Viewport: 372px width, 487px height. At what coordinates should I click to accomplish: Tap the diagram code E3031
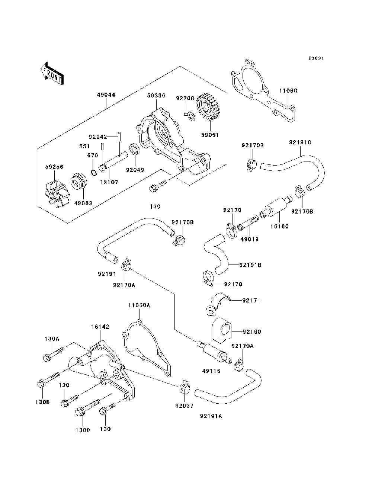tap(316, 58)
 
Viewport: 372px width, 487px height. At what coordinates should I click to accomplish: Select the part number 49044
tap(106, 95)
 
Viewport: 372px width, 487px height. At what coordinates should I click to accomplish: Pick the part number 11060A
tap(139, 305)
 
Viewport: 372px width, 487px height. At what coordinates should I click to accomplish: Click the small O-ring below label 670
tap(94, 172)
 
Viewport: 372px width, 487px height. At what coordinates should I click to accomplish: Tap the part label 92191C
tap(300, 142)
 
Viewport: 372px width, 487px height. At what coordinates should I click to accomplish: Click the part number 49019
tap(250, 239)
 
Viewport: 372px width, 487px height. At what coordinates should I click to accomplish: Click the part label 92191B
tap(250, 265)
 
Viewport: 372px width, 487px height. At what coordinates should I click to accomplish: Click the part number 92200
tap(185, 98)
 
